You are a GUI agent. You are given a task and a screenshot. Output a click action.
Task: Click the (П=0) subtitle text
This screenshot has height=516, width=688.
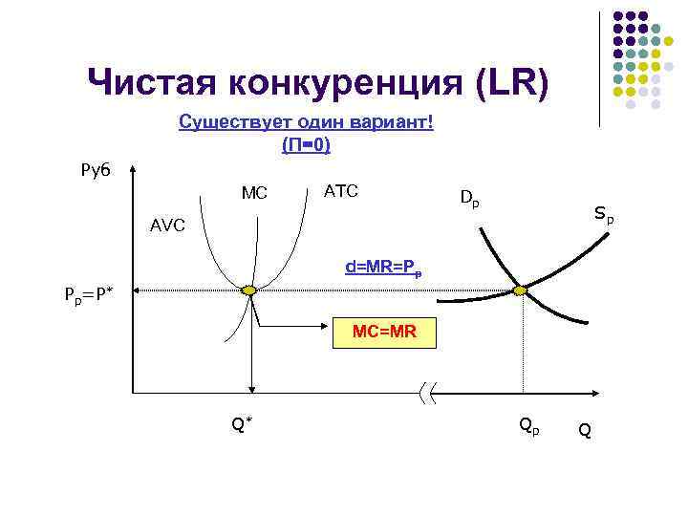(306, 145)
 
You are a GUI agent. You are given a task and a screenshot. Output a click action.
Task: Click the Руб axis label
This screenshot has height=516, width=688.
(95, 169)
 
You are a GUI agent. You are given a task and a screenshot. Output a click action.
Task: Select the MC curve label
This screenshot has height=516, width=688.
(254, 193)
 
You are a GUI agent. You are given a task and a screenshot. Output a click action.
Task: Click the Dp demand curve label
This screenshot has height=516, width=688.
(469, 199)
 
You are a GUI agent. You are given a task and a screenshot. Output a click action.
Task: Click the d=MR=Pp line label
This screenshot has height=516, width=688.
(383, 268)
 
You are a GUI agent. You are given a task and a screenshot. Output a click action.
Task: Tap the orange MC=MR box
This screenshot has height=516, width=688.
(382, 332)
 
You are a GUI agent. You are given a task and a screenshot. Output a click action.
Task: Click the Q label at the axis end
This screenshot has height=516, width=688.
(585, 431)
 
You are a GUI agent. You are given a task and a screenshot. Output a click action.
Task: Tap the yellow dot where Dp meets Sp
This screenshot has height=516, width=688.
(521, 290)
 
